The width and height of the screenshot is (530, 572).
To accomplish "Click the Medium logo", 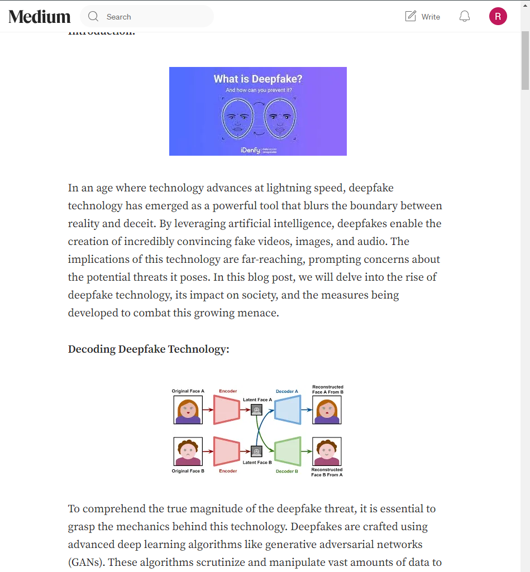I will [40, 17].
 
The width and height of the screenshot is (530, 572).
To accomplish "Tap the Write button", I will [423, 17].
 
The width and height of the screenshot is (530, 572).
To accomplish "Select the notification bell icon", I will [465, 17].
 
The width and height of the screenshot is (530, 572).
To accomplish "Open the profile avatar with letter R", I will [498, 16].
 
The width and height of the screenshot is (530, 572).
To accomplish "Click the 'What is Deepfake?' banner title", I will [257, 79].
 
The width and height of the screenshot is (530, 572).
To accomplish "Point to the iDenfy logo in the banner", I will [251, 151].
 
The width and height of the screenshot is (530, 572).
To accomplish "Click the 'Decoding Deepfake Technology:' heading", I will [149, 349].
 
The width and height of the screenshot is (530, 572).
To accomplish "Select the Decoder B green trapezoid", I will [288, 451].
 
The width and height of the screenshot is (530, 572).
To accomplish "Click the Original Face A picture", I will [188, 410].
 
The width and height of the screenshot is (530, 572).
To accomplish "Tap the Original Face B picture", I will [188, 451].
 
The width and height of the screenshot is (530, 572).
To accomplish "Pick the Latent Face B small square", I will [256, 451].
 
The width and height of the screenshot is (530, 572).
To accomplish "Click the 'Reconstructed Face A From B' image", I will [327, 410].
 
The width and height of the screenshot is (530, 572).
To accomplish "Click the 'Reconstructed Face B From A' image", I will [327, 451].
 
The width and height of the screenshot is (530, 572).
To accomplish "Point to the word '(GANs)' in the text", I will [85, 563].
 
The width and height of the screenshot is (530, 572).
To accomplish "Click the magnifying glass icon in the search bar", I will [93, 17].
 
